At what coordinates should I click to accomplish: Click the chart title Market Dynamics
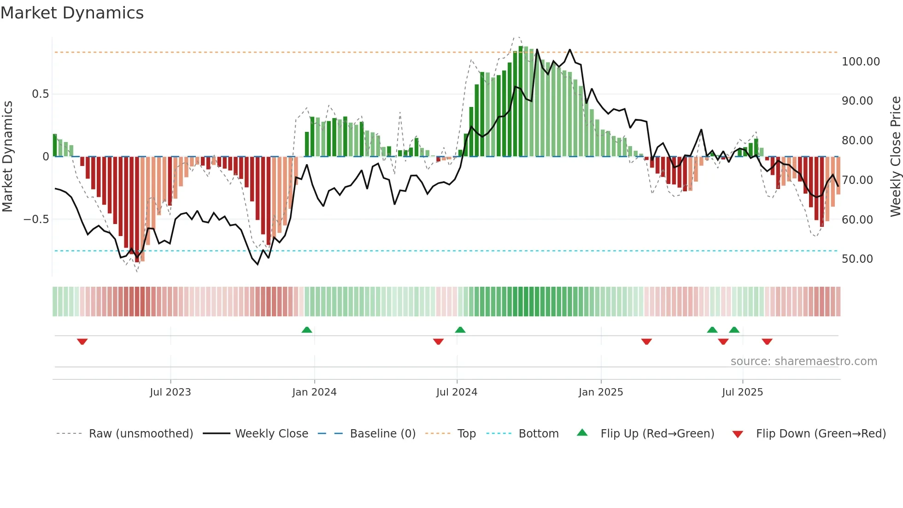point(72,13)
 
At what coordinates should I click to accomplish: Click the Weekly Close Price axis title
point(895,156)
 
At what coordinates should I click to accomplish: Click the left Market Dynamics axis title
point(7,156)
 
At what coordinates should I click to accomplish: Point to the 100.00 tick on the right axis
point(860,61)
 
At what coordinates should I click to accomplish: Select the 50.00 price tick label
point(857,259)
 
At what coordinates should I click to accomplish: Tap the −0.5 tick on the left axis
point(36,219)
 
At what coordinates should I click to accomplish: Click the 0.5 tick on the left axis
point(40,94)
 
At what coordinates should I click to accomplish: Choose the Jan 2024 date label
point(314,392)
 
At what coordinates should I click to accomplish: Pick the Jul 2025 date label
point(742,392)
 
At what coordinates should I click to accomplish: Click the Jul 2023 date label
point(170,392)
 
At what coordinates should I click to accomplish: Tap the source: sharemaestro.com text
point(803,361)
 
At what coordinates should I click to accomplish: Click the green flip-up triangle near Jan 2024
point(307,330)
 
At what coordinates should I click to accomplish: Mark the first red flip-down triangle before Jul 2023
point(82,342)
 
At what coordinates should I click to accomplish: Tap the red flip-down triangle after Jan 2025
point(646,342)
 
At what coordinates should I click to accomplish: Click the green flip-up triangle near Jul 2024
point(460,330)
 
